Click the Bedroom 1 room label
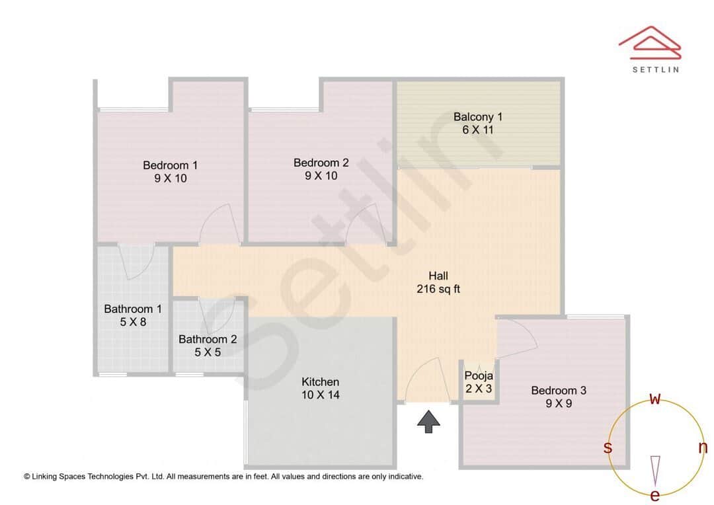(x=170, y=165)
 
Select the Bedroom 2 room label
(x=321, y=163)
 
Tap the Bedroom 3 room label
(x=559, y=390)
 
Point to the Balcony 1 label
(x=477, y=117)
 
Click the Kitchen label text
(x=320, y=382)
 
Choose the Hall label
(x=438, y=276)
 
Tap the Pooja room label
(x=479, y=376)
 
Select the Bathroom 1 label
(x=132, y=309)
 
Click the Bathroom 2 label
(x=208, y=339)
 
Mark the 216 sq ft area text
(x=438, y=289)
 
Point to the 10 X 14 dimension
(x=321, y=395)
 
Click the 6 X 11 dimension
(x=477, y=130)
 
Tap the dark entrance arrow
(x=429, y=421)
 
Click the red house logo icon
(x=649, y=41)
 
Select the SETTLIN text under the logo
(x=655, y=69)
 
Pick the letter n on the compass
(x=703, y=447)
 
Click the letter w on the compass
(x=655, y=399)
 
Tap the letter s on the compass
(x=608, y=447)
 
